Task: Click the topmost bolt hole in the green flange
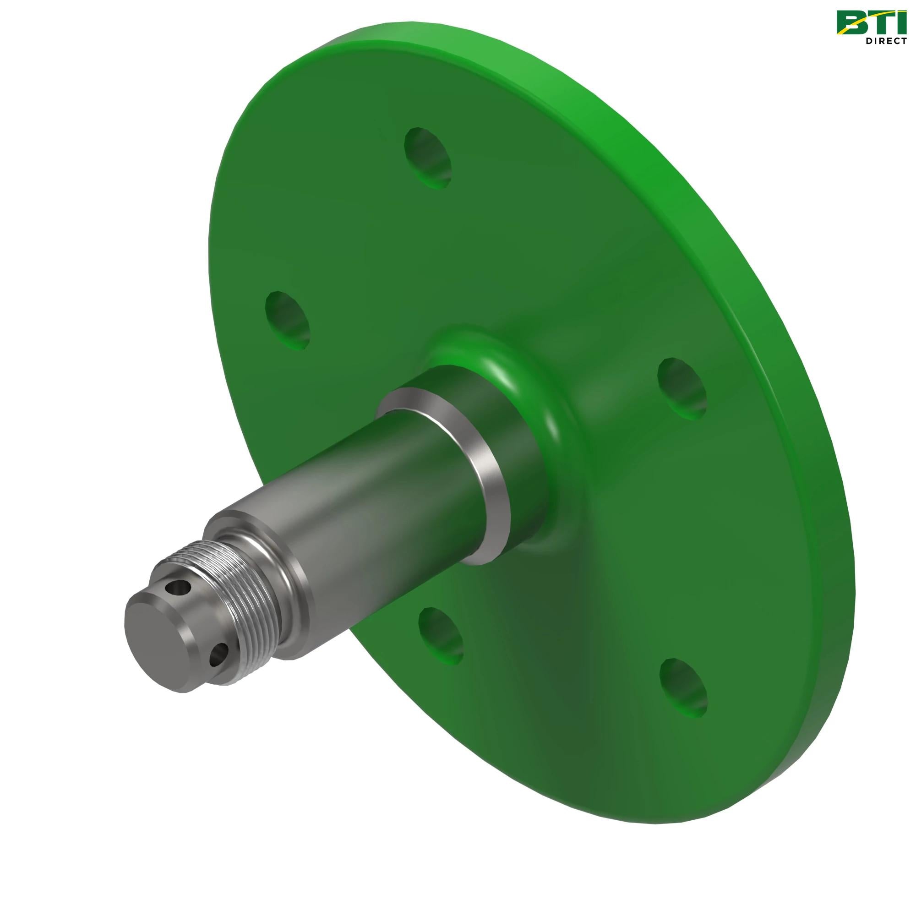[428, 159]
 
